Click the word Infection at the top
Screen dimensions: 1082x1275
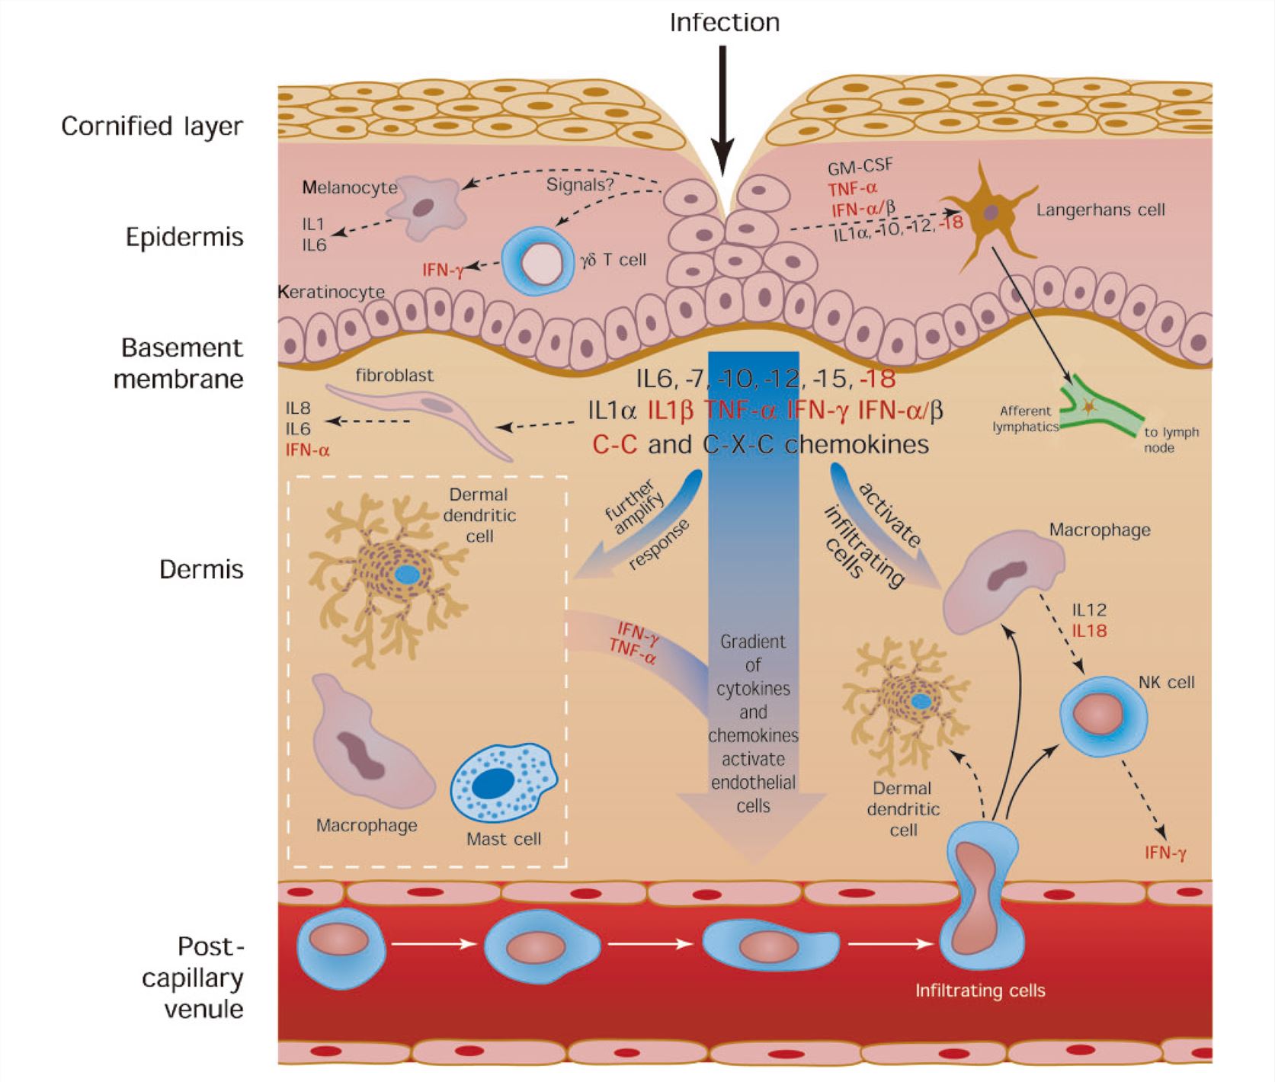(724, 23)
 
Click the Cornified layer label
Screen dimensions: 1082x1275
(152, 126)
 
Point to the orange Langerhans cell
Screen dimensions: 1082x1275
(988, 213)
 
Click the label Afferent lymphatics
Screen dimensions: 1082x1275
(1025, 418)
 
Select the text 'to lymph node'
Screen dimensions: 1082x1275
(1171, 440)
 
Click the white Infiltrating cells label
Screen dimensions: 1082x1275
(979, 991)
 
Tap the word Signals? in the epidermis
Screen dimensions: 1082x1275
(579, 184)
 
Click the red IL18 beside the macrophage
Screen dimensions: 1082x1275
(1089, 631)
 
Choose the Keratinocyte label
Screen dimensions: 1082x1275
(332, 292)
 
